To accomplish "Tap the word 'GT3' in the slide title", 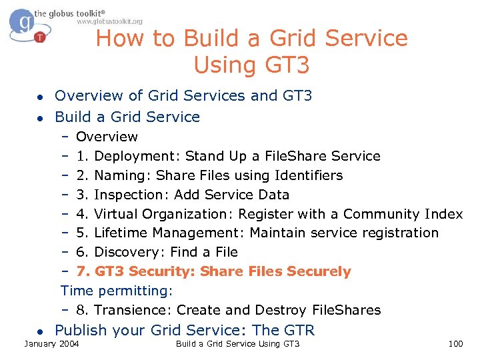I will [285, 65].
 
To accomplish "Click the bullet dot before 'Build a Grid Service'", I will [40, 118].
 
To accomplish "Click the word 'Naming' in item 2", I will [118, 176].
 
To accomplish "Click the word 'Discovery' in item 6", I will [129, 253].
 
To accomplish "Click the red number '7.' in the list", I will [83, 271].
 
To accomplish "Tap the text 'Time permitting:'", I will [117, 291].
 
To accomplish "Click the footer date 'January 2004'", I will [51, 344].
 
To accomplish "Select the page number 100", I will [456, 344].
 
